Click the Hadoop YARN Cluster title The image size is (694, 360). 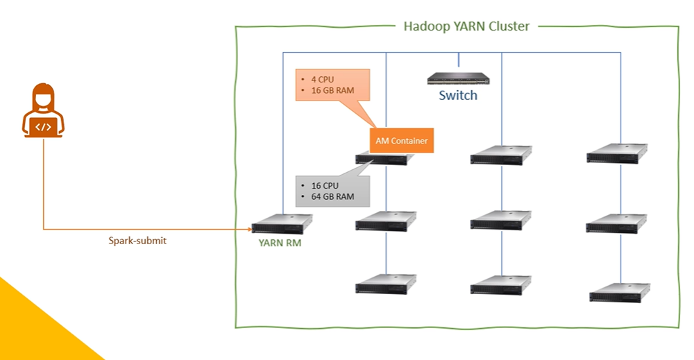[466, 26]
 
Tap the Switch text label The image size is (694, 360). [458, 95]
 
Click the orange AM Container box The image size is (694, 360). [401, 141]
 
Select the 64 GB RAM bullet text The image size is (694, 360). [331, 197]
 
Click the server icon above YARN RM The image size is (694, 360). [282, 224]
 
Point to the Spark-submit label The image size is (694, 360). [137, 241]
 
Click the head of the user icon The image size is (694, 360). [42, 96]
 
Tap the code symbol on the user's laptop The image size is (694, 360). [42, 126]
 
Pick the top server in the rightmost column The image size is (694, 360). [617, 154]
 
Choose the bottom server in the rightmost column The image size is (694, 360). [619, 292]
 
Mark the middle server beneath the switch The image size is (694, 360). [500, 221]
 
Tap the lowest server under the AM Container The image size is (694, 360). [386, 284]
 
